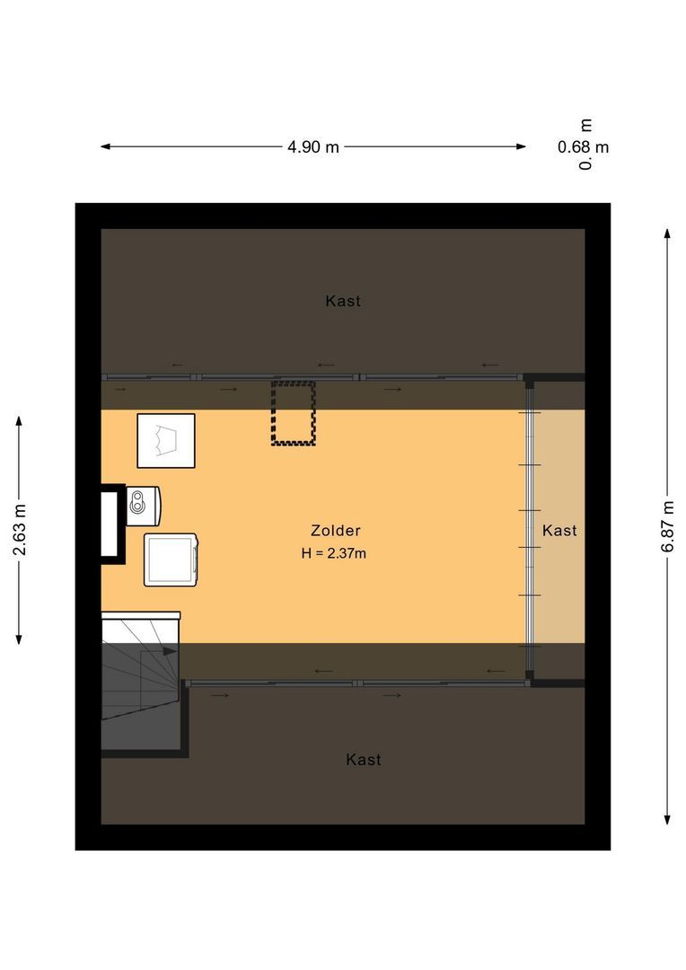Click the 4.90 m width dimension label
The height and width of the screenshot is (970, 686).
(313, 147)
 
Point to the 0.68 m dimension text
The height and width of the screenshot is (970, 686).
(584, 147)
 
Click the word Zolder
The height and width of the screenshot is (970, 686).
(336, 531)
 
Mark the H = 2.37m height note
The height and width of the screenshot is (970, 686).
(334, 553)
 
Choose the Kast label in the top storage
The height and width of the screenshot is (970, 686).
(343, 301)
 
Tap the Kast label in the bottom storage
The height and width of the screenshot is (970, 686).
(364, 760)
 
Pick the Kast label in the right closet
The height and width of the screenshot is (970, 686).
(559, 531)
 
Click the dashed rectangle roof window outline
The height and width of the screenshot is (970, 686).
(294, 413)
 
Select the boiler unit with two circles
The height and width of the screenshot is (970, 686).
(144, 504)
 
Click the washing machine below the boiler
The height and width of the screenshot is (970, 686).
(171, 560)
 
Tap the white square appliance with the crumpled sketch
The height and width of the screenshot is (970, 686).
(166, 440)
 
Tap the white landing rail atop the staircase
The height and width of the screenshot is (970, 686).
(141, 615)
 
